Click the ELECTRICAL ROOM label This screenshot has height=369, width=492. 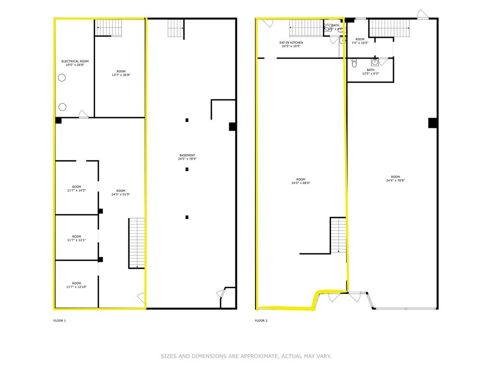pyautogui.click(x=75, y=61)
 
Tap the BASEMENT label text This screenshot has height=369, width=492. pyautogui.click(x=187, y=155)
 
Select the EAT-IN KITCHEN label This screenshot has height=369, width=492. pyautogui.click(x=291, y=43)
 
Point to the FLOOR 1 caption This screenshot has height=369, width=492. pyautogui.click(x=59, y=320)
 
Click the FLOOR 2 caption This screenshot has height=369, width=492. pyautogui.click(x=261, y=320)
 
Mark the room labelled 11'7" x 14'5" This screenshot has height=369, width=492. pyautogui.click(x=76, y=188)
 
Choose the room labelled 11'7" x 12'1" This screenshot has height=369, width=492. pyautogui.click(x=76, y=238)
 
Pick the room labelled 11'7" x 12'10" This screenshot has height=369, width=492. pyautogui.click(x=76, y=285)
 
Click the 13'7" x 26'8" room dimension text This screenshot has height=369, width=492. pyautogui.click(x=121, y=75)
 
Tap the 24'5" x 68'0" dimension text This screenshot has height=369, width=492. pyautogui.click(x=301, y=183)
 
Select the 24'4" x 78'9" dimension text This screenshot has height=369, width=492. pyautogui.click(x=395, y=181)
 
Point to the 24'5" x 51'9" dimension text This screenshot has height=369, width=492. pyautogui.click(x=121, y=195)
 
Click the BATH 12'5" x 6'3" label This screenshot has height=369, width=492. pyautogui.click(x=370, y=72)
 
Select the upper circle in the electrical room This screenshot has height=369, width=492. pyautogui.click(x=62, y=78)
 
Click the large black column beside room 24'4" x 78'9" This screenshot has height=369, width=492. pyautogui.click(x=432, y=123)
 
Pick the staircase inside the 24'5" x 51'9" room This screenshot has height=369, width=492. pyautogui.click(x=136, y=243)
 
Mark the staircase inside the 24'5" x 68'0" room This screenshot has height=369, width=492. pyautogui.click(x=338, y=234)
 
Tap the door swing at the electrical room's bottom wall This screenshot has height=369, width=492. pyautogui.click(x=83, y=114)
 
